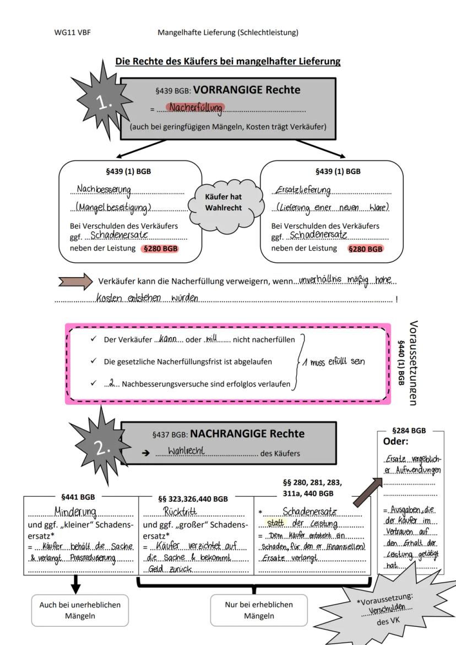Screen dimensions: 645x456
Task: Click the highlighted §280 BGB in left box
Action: [160, 249]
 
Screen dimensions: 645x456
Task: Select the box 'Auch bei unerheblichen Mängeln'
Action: [80, 610]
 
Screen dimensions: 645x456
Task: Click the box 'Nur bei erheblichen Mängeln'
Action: [259, 610]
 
